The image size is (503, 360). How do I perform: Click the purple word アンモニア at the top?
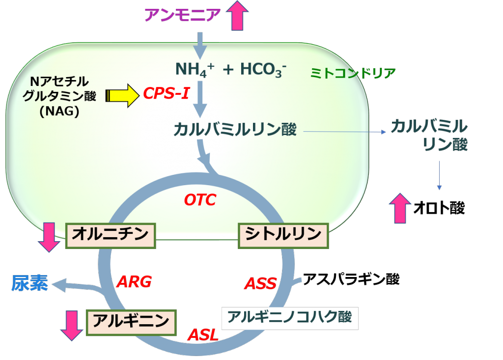coord(182,15)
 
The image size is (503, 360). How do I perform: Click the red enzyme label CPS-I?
coord(166,93)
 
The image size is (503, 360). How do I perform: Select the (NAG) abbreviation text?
coord(59,111)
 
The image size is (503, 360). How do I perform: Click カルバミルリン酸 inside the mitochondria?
coord(235,130)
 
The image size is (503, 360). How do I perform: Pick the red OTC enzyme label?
coord(200,200)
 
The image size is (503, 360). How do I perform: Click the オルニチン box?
coord(111,235)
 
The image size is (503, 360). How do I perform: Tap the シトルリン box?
coord(283,235)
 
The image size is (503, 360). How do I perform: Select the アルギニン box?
coord(131,322)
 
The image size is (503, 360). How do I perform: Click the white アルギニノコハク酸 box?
coord(290,318)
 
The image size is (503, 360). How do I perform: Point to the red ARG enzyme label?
coord(134,282)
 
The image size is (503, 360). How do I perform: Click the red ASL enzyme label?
coord(202,335)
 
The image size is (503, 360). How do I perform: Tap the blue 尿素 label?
coord(30,284)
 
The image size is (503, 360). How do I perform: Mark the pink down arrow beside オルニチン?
coord(49,237)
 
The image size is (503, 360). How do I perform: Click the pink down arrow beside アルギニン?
coord(72,325)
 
